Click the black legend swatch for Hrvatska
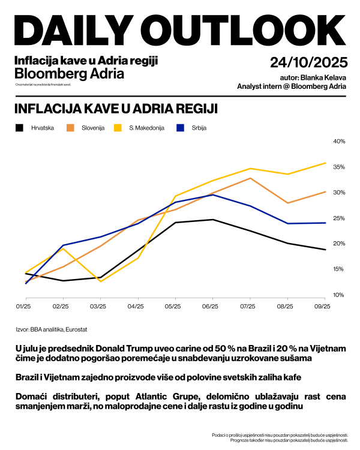point(19,128)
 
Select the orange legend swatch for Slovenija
point(70,128)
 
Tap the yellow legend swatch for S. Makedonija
point(118,128)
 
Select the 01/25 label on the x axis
point(23,307)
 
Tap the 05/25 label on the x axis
point(173,307)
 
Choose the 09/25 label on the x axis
point(323,307)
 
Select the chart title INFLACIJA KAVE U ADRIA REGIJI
point(115,109)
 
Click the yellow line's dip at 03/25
point(100,281)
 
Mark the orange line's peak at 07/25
point(250,178)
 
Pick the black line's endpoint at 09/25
point(325,250)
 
